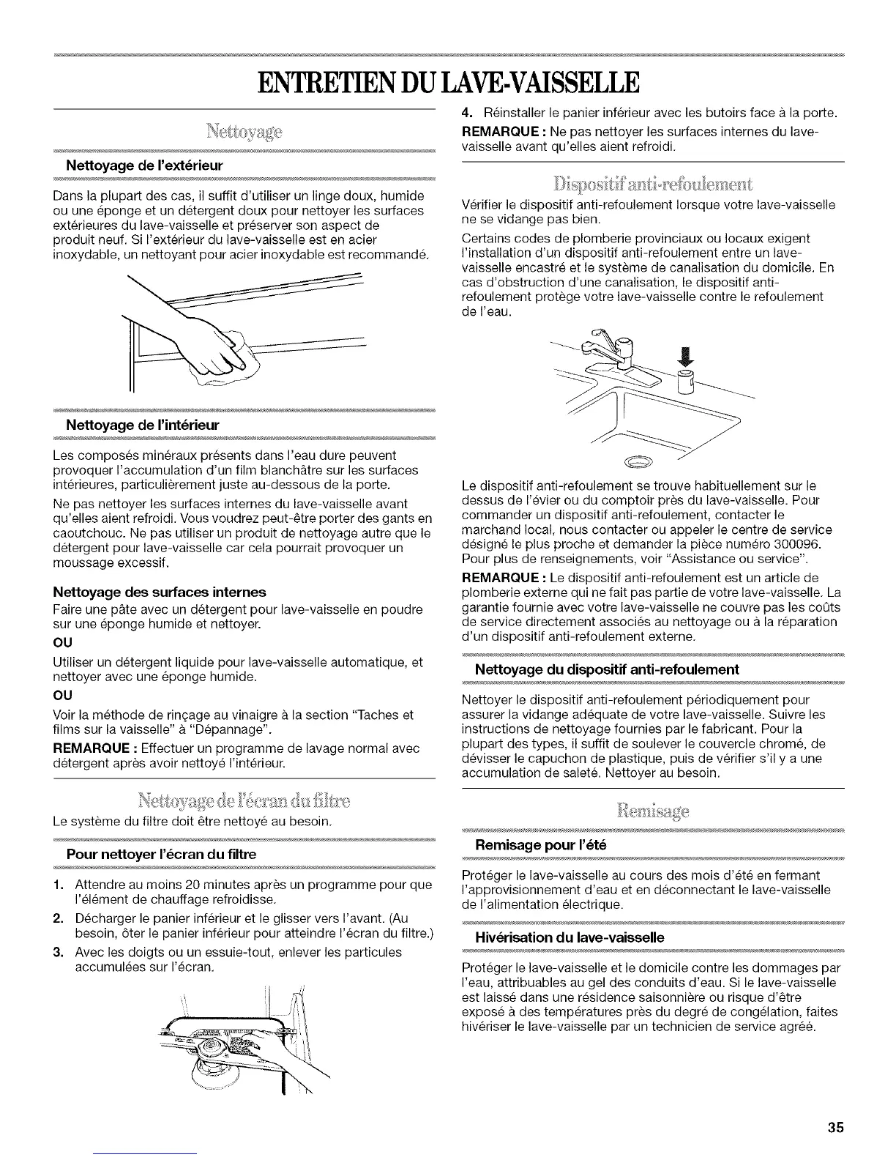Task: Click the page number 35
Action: click(836, 1107)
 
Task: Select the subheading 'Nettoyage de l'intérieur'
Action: click(142, 425)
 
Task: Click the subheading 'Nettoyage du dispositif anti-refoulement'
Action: click(607, 669)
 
